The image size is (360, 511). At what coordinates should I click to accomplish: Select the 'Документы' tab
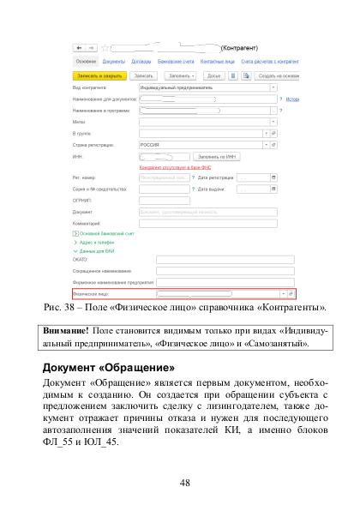coord(113,62)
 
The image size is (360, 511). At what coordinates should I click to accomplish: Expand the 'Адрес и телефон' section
coord(95,241)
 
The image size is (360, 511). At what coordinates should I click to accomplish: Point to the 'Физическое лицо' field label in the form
coord(92,293)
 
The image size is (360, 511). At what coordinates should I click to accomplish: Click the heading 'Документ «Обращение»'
coord(102,368)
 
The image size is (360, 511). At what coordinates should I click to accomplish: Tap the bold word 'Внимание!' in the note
coord(68,330)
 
